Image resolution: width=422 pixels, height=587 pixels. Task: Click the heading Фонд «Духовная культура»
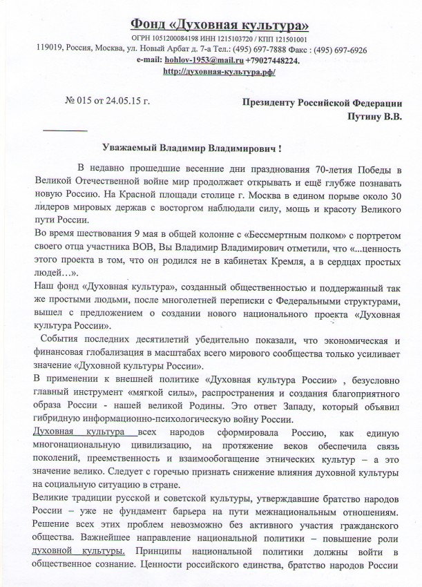(210, 25)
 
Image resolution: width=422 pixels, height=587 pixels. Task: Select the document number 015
(86, 103)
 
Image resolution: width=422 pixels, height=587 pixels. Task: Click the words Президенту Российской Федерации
(321, 103)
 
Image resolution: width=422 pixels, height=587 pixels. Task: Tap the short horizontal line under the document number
(65, 130)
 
